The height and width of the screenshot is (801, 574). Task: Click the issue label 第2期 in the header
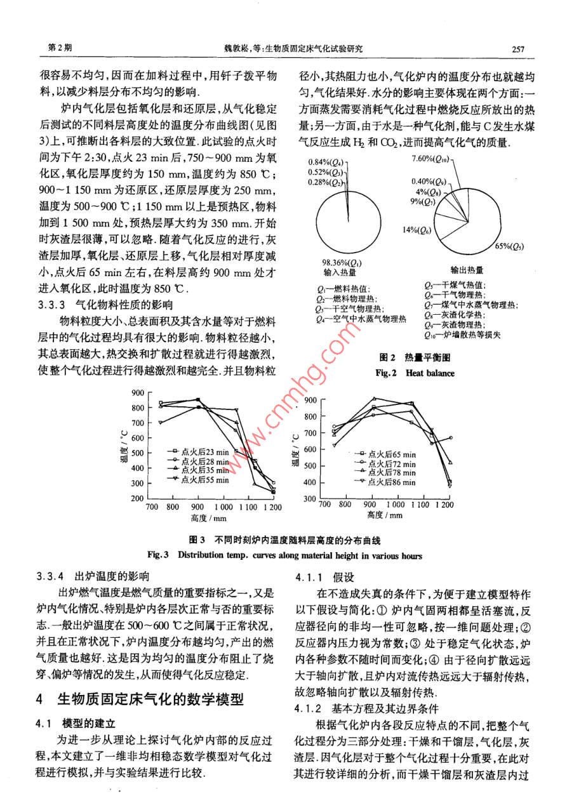(60, 48)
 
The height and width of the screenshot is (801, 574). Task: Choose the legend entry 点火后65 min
(392, 454)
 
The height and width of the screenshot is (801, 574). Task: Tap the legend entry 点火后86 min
(392, 483)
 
